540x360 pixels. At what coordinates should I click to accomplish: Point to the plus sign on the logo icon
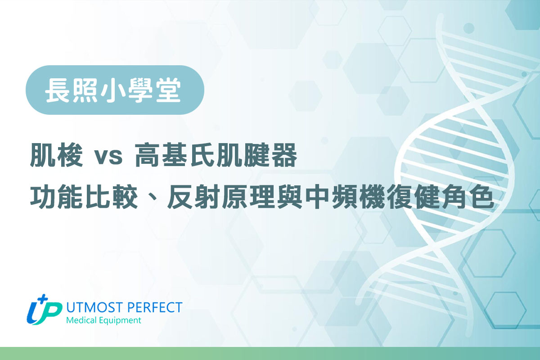click(44, 299)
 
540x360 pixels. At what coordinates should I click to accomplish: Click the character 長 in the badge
click(56, 90)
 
